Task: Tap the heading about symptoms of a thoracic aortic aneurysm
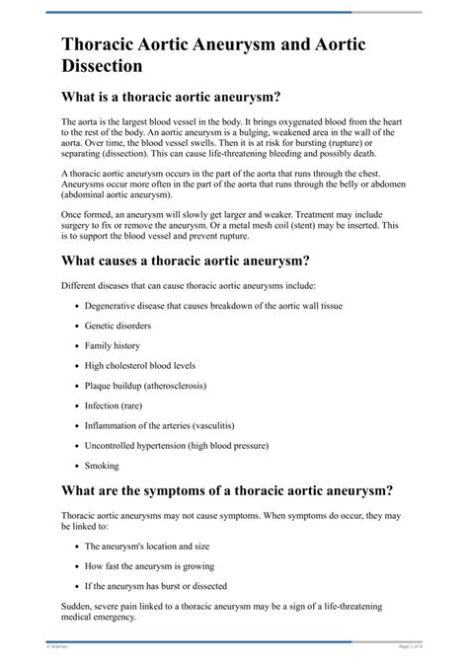pos(227,489)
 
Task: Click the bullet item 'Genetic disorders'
pos(118,326)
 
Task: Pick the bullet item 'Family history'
pos(113,346)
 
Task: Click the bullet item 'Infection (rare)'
pos(117,405)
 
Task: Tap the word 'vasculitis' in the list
pos(228,425)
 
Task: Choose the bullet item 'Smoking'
pos(102,466)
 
